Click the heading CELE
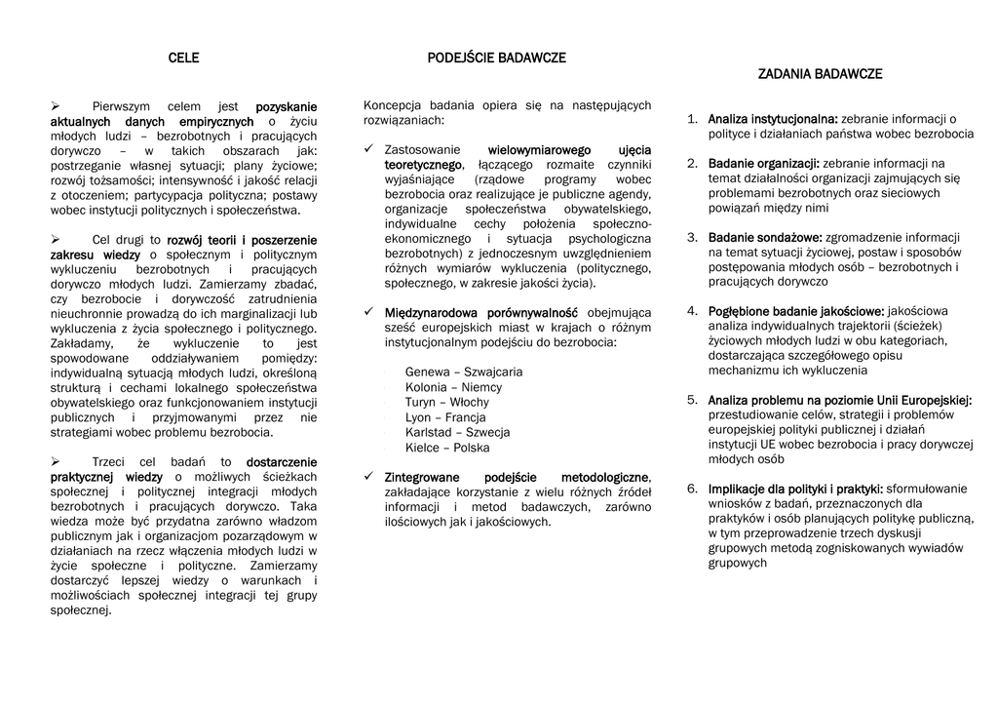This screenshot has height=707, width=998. click(x=183, y=58)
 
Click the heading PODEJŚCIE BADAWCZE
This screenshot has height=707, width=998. click(x=496, y=58)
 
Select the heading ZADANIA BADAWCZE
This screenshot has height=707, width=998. click(x=820, y=74)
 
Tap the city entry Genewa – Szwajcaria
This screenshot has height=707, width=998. click(x=463, y=372)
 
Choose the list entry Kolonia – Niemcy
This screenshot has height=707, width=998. click(x=453, y=387)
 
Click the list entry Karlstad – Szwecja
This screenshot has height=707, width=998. click(x=457, y=432)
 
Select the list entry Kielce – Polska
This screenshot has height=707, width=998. click(x=446, y=448)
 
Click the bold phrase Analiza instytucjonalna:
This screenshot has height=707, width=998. click(x=773, y=119)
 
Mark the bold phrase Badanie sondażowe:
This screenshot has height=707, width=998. click(x=765, y=237)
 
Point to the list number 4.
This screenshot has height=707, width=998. click(x=692, y=310)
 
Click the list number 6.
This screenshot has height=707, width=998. click(x=692, y=488)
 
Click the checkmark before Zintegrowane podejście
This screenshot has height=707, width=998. click(x=369, y=476)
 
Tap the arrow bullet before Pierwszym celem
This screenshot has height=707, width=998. click(x=56, y=105)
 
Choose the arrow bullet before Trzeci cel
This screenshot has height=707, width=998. click(x=56, y=461)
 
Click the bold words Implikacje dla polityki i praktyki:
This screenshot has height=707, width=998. click(x=795, y=489)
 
